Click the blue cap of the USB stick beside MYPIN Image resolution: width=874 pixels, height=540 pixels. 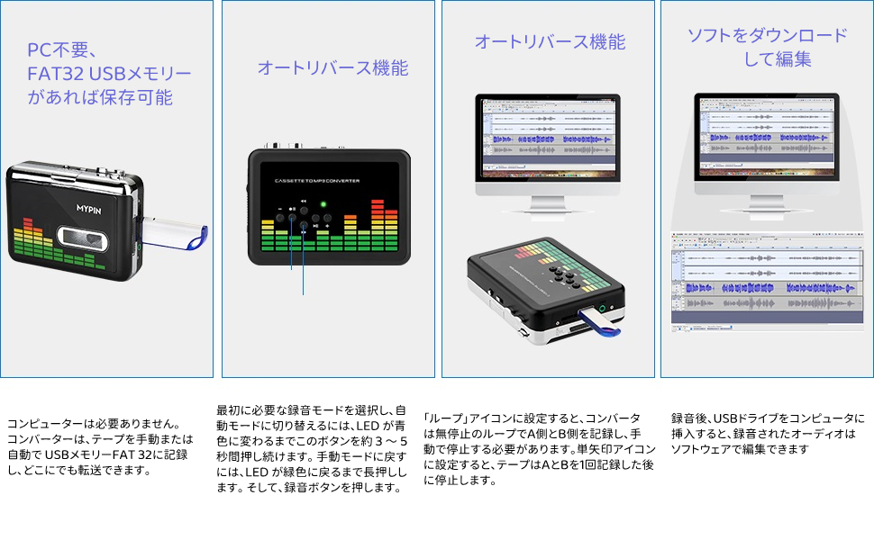(199, 239)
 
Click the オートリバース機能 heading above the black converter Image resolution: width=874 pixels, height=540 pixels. (332, 67)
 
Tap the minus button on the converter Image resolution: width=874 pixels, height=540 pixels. (280, 217)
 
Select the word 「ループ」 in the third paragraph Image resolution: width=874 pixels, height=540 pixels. (442, 418)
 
